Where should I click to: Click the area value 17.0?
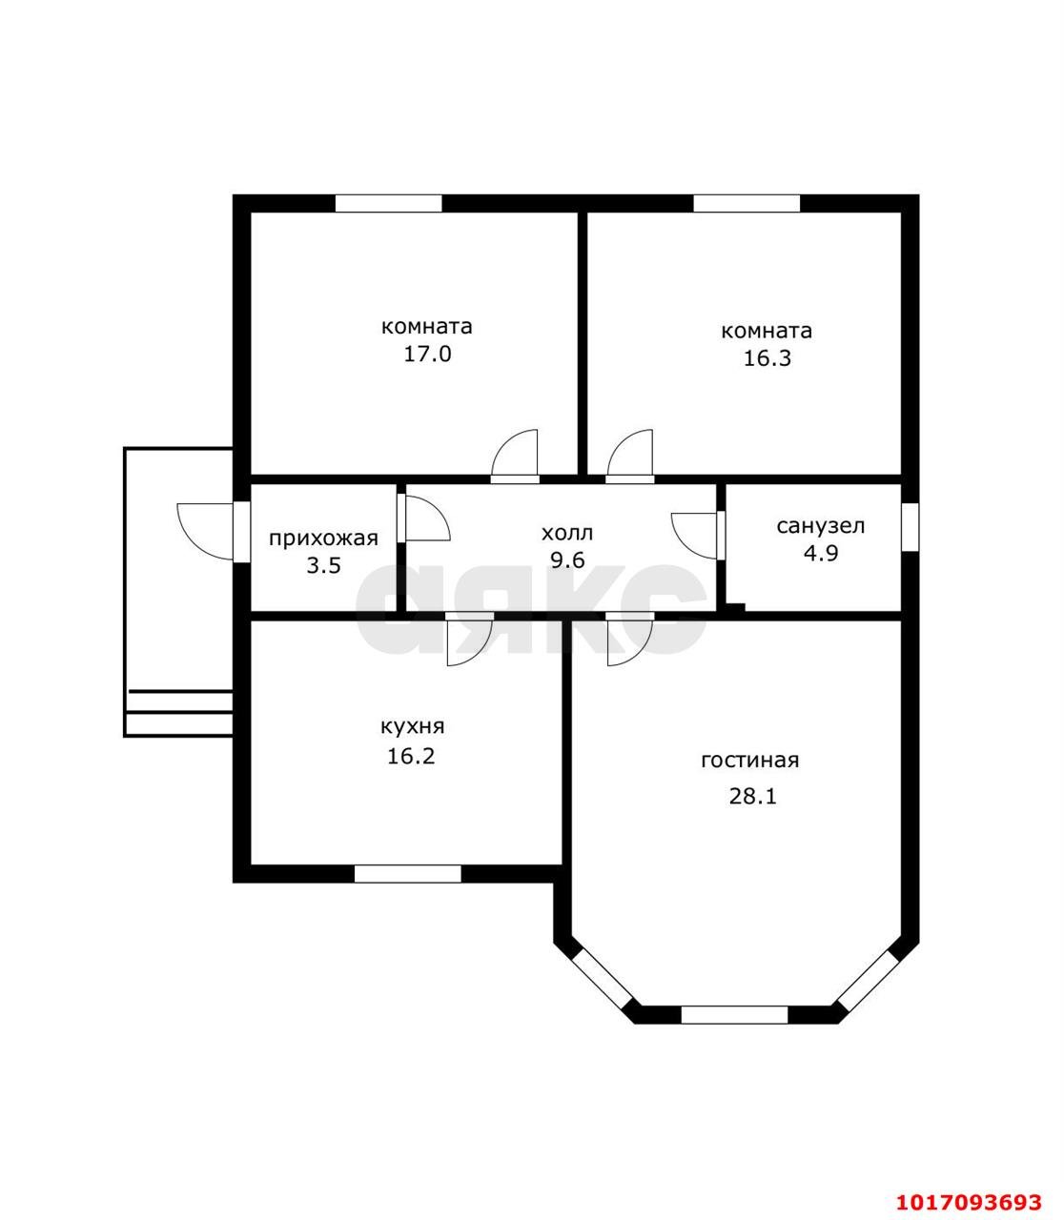(x=428, y=355)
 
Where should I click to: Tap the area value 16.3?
(x=767, y=357)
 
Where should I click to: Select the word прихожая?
(x=323, y=539)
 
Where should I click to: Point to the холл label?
(x=567, y=533)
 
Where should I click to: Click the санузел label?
(x=821, y=526)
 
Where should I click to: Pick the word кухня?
(x=412, y=727)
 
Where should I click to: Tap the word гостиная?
(x=749, y=761)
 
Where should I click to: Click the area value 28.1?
(x=752, y=797)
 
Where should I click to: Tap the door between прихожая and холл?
(x=424, y=518)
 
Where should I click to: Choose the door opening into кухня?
(x=469, y=638)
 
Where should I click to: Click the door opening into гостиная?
(x=630, y=638)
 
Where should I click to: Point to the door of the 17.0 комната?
(x=515, y=456)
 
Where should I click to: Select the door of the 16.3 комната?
(x=630, y=456)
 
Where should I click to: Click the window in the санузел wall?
(x=911, y=526)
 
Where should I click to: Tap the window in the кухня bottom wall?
(x=408, y=874)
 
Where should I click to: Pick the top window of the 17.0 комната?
(x=388, y=203)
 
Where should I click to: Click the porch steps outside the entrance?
(x=178, y=713)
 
